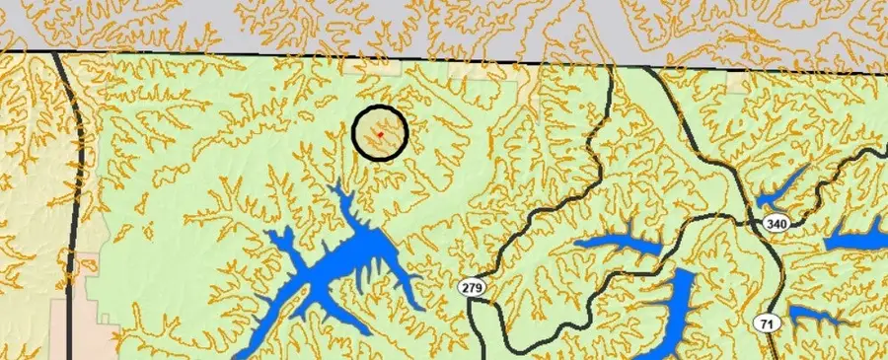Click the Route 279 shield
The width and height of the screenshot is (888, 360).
tap(473, 287)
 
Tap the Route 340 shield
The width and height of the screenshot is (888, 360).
tap(777, 224)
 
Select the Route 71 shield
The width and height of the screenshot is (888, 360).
tap(766, 323)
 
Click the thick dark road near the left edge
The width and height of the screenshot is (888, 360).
tap(74, 197)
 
